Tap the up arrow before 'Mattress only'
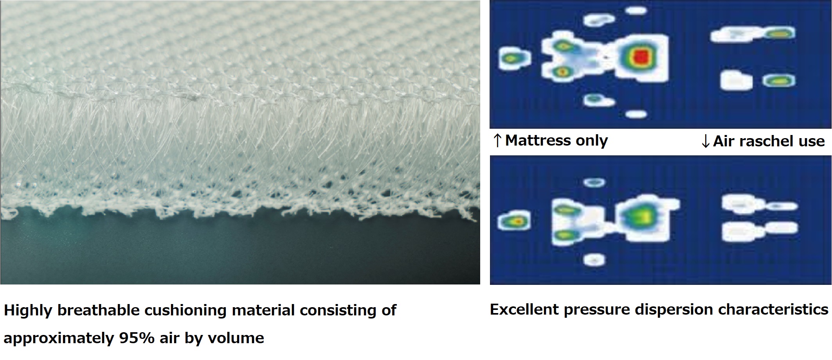pos(497,140)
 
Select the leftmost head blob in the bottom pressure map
pos(515,221)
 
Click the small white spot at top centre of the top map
pos(636,11)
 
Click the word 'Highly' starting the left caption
pos(28,310)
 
